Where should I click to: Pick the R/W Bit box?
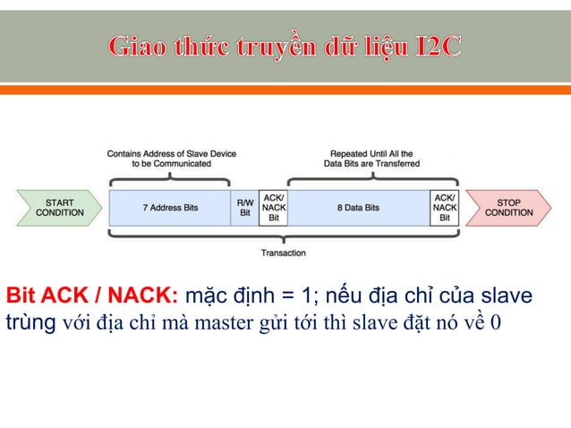244,208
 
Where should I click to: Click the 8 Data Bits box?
358,208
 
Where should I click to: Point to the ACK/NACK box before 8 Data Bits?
273,208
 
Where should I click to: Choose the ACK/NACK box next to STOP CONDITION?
444,208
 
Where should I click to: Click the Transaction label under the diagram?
283,253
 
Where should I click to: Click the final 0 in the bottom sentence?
496,321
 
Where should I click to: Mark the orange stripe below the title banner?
285,90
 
